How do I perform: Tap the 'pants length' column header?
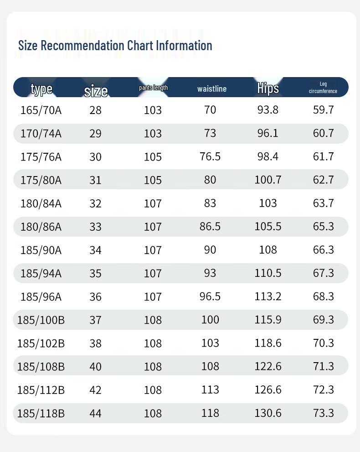153,88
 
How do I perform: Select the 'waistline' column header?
211,88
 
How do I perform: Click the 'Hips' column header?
268,88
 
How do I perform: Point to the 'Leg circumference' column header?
323,87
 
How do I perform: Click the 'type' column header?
41,88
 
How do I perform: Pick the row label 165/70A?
41,110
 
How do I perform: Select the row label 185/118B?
41,413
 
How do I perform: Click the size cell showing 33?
95,227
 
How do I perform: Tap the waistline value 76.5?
210,156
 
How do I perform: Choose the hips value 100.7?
268,180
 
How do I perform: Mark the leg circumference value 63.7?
324,203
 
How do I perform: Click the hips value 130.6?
268,413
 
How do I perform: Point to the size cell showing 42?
95,390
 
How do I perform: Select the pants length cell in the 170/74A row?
153,133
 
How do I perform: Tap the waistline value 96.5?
210,296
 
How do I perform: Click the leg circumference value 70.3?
324,343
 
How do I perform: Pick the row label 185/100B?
41,320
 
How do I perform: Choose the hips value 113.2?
268,296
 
